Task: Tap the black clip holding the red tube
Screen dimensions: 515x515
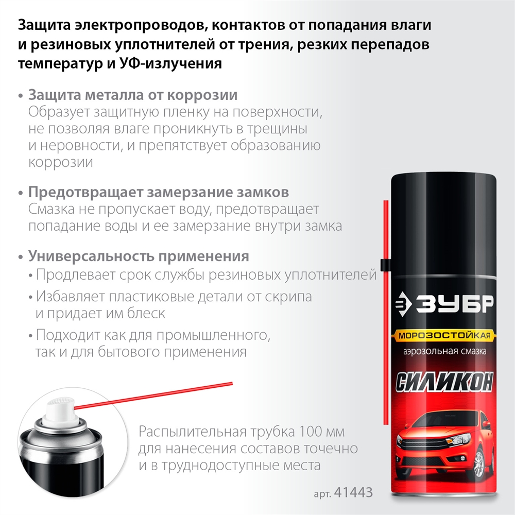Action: (384, 265)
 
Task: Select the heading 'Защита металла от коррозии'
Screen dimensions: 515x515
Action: (133, 95)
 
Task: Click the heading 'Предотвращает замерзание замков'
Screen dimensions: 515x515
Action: (158, 193)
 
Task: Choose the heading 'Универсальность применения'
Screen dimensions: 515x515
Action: (139, 256)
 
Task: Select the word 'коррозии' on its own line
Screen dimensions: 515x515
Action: (61, 162)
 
